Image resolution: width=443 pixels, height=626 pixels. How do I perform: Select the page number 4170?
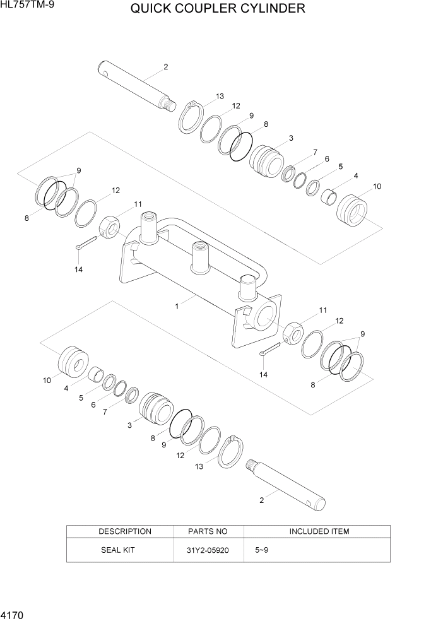coord(13,613)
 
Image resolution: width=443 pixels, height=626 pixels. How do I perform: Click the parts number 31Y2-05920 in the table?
coord(208,550)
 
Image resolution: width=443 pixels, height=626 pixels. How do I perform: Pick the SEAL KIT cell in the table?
coord(118,550)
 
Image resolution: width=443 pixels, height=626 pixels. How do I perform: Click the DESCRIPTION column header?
coord(124,531)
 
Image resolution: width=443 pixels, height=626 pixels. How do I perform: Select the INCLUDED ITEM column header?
coord(319,531)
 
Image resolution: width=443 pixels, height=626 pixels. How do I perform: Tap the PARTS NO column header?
coord(208,531)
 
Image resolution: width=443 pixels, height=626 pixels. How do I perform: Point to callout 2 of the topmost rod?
coord(165,66)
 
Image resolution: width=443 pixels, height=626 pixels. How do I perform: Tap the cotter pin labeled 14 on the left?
coord(85,246)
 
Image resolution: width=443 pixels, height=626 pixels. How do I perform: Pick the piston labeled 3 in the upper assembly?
coord(267,161)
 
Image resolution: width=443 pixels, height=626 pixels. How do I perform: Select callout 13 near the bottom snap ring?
coord(198,466)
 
